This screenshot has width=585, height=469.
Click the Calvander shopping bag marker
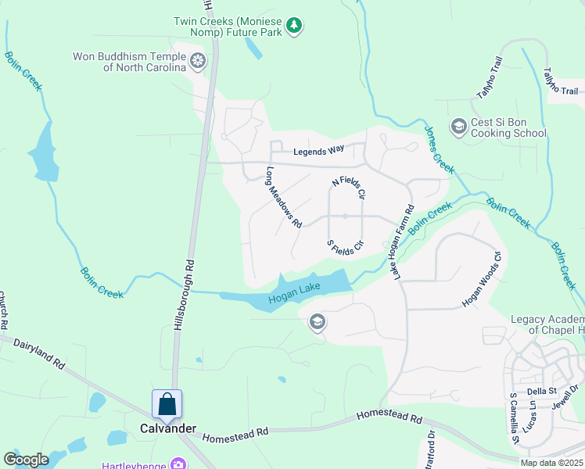click(167, 404)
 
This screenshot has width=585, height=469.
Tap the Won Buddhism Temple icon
click(198, 60)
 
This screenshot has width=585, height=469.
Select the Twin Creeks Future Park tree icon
click(294, 26)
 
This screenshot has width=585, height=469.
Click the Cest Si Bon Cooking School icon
click(458, 125)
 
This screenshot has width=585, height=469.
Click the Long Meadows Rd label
click(283, 196)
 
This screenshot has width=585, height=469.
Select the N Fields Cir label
click(349, 187)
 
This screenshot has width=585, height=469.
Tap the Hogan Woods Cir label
click(481, 278)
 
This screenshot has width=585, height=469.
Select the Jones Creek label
click(439, 149)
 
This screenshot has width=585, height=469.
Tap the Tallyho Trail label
click(488, 78)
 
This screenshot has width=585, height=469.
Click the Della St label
click(540, 391)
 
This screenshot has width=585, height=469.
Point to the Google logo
click(26, 460)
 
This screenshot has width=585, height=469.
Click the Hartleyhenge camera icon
click(179, 464)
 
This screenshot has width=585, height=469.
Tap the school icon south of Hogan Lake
click(318, 322)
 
